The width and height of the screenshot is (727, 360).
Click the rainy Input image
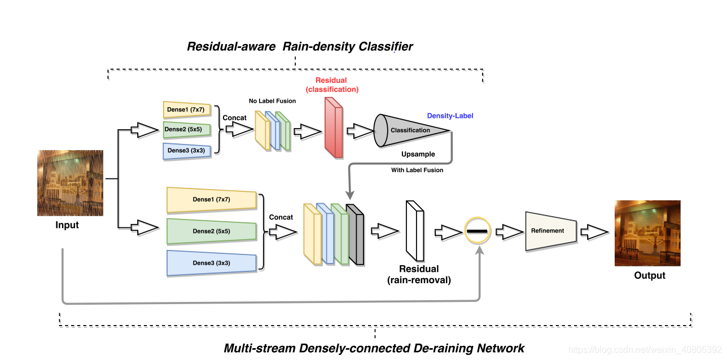pos(70,183)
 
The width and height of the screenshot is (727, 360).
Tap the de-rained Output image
pos(647,233)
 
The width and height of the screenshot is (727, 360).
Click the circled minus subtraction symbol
pos(478,231)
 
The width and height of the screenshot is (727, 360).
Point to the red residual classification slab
pos(334,127)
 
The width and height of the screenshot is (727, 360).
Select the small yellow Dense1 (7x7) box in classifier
pos(187,109)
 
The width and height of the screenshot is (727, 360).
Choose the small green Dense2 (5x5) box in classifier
pos(187,130)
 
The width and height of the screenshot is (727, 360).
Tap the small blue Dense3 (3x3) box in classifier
pos(187,151)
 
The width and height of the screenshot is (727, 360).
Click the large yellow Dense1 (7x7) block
pos(212,199)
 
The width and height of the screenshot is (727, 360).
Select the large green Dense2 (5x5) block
pos(212,231)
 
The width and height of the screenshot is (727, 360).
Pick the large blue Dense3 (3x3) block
pos(212,263)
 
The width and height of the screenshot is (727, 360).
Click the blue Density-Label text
pos(450,116)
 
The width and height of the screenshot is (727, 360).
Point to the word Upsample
pos(418,154)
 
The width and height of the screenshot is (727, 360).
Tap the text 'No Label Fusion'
pos(272,101)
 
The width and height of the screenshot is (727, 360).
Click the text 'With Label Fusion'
pos(417,170)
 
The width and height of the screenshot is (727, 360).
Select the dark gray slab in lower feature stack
pos(356,235)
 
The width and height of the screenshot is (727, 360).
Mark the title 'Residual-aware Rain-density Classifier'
pos(300,46)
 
